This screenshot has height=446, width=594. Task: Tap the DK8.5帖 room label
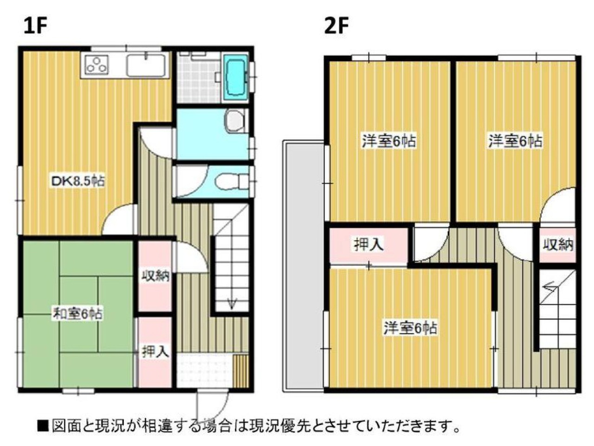pyautogui.click(x=78, y=181)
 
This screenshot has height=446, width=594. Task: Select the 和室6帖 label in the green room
pyautogui.click(x=77, y=314)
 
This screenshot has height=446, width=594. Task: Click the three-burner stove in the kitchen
pyautogui.click(x=97, y=65)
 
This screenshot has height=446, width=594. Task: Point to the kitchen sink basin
pyautogui.click(x=146, y=65)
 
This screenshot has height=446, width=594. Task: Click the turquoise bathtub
pyautogui.click(x=236, y=78)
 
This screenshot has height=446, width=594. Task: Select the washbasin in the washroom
pyautogui.click(x=235, y=121)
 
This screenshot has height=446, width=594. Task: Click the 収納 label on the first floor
pyautogui.click(x=155, y=277)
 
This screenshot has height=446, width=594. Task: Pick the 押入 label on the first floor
pyautogui.click(x=155, y=352)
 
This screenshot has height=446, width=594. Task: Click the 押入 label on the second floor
pyautogui.click(x=368, y=245)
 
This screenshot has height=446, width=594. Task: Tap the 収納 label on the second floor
pyautogui.click(x=558, y=245)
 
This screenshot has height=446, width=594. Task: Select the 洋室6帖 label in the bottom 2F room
pyautogui.click(x=410, y=328)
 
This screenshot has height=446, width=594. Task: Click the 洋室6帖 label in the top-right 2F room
pyautogui.click(x=515, y=141)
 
